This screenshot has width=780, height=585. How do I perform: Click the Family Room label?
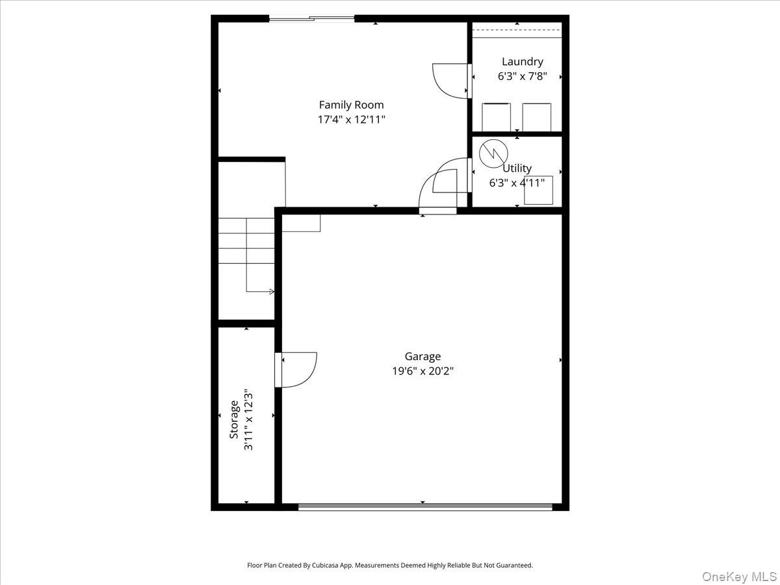[351, 105]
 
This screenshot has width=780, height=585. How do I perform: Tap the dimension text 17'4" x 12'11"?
[351, 120]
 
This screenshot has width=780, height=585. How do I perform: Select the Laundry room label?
[523, 62]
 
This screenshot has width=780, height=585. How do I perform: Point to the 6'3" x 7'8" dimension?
[522, 76]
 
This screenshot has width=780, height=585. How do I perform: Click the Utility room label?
[517, 168]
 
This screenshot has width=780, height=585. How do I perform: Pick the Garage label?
[422, 356]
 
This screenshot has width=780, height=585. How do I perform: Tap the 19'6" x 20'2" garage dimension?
[422, 370]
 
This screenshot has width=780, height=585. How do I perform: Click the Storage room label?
[234, 419]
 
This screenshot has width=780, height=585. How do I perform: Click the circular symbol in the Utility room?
[493, 153]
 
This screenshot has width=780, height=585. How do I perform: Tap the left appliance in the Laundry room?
[496, 117]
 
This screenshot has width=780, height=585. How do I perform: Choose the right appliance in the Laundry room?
[537, 117]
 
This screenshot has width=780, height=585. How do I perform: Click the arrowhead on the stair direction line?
[272, 292]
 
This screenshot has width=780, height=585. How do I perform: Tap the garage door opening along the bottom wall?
[425, 507]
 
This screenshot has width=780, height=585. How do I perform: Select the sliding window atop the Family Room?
[311, 18]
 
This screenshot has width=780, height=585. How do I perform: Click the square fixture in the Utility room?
[538, 190]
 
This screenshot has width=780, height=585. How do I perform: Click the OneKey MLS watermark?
[739, 576]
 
